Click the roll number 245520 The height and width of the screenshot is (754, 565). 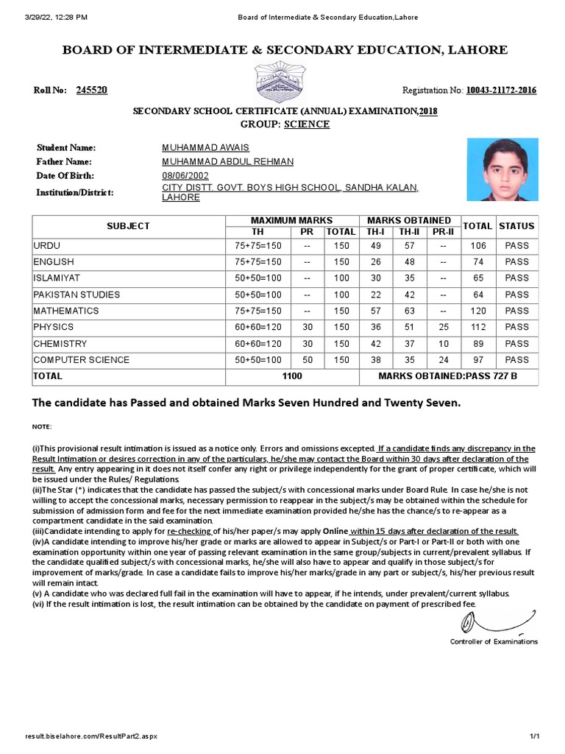tap(92, 91)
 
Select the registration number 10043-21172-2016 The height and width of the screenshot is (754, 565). tap(500, 91)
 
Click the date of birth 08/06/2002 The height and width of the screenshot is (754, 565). tap(185, 175)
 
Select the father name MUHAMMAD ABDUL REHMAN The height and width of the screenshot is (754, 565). tap(227, 162)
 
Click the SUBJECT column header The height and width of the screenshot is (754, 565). tap(128, 226)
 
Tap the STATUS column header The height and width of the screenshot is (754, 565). tap(516, 226)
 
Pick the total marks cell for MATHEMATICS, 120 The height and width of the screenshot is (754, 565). tap(478, 311)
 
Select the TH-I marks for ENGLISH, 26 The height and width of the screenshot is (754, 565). tap(375, 261)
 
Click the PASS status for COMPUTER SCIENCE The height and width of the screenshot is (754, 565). tap(516, 360)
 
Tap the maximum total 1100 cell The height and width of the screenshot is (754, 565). tap(291, 376)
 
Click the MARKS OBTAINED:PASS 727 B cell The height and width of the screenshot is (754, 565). tap(447, 376)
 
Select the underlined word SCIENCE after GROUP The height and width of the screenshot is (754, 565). tap(307, 124)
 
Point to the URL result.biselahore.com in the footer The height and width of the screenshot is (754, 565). tap(90, 736)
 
